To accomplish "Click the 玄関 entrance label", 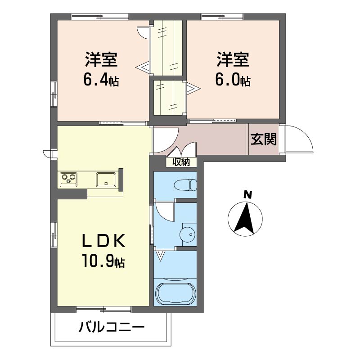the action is (263, 139).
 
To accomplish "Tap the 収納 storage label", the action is (181, 162).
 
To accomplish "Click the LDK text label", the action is (104, 240).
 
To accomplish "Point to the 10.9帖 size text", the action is (103, 261).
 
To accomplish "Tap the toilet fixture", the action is (185, 185).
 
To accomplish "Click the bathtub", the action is (176, 293).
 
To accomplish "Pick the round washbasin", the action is (187, 234).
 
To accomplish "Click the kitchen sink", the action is (106, 180).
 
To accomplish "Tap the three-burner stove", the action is (68, 180).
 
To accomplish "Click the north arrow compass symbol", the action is (245, 219).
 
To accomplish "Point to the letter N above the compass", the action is (247, 195).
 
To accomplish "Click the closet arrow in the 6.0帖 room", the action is (193, 88).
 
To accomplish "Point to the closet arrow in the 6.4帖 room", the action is (142, 67).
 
